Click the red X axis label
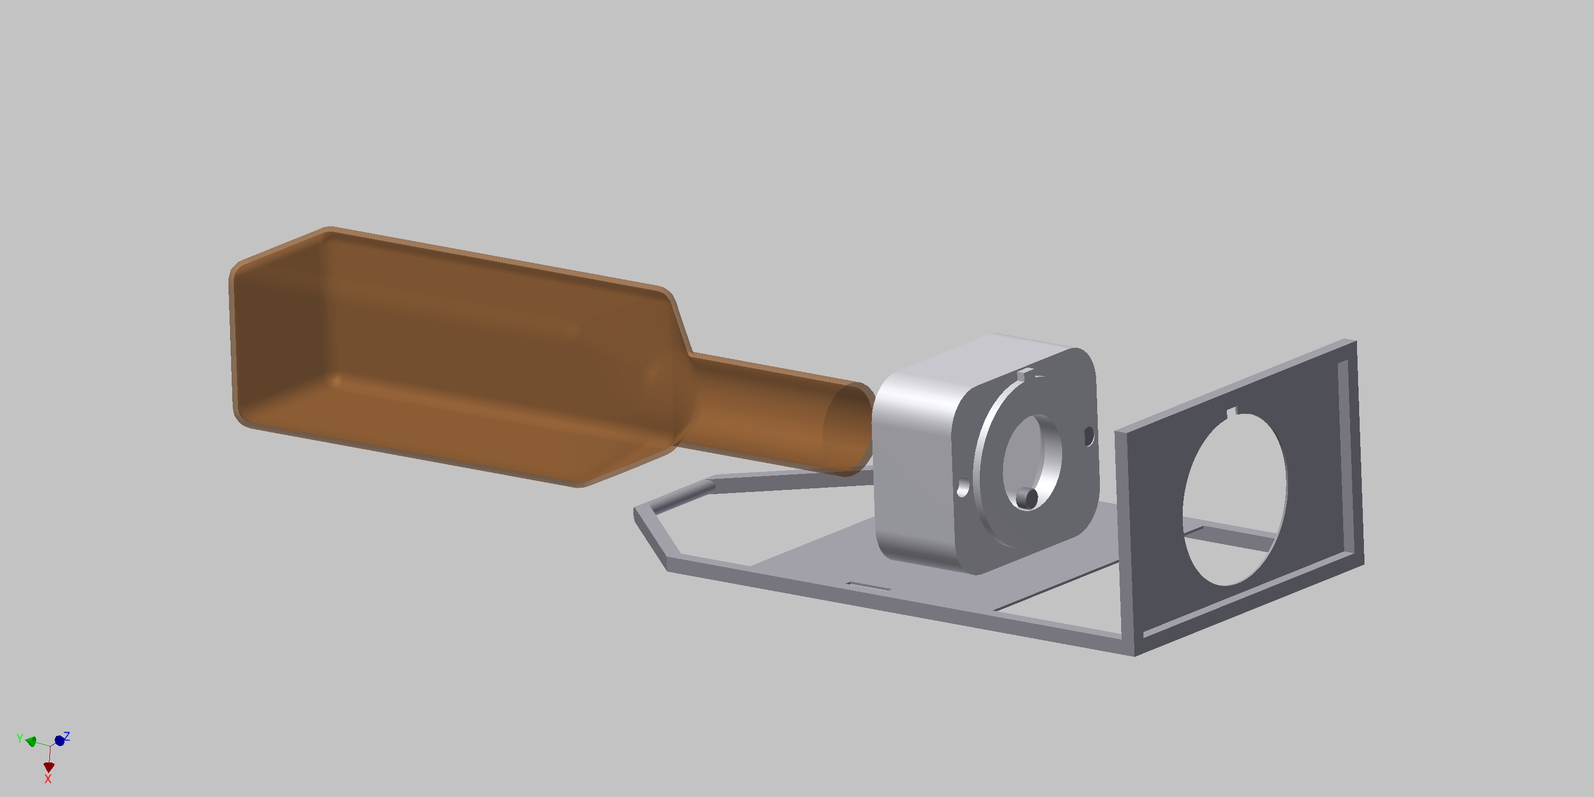[48, 779]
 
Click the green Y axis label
[20, 738]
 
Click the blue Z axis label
[67, 736]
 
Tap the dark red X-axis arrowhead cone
[49, 767]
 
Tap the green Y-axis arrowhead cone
[31, 742]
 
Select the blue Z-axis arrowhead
[60, 740]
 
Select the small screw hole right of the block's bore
[1089, 436]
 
